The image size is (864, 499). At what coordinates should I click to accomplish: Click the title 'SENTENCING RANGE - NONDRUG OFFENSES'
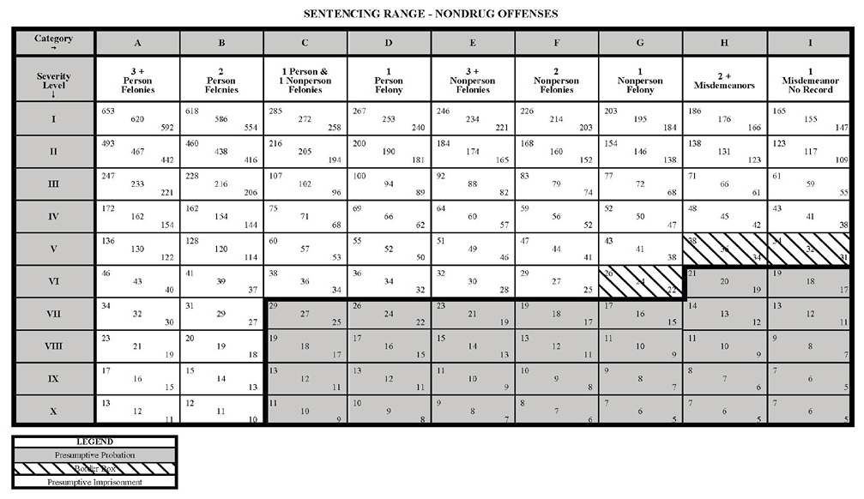pos(431,14)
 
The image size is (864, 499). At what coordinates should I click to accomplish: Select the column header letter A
pos(137,43)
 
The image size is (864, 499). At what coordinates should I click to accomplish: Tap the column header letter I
pos(809,43)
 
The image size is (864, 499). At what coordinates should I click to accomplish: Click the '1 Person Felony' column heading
pos(389,79)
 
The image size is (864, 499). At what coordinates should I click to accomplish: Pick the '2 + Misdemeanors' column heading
pos(724,80)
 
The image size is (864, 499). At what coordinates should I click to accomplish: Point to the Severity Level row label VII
pos(53,314)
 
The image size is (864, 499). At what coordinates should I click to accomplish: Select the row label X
pos(53,411)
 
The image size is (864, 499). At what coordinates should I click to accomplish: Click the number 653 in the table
pos(108,111)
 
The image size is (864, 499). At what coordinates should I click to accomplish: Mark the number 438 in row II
pos(221,151)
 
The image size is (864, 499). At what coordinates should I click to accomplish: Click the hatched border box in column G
pos(640,282)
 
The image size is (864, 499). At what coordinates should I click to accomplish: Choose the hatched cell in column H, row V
pos(724,249)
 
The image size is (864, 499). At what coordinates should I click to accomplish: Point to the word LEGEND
pos(94,442)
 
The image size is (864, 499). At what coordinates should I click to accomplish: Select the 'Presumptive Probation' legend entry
pos(94,454)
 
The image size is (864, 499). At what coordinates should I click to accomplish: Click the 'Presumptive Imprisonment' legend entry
pos(94,481)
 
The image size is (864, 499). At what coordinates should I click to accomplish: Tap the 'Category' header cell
pos(53,41)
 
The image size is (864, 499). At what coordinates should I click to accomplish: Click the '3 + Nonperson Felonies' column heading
pos(472,79)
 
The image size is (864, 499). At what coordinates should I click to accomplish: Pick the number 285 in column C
pos(276,111)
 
